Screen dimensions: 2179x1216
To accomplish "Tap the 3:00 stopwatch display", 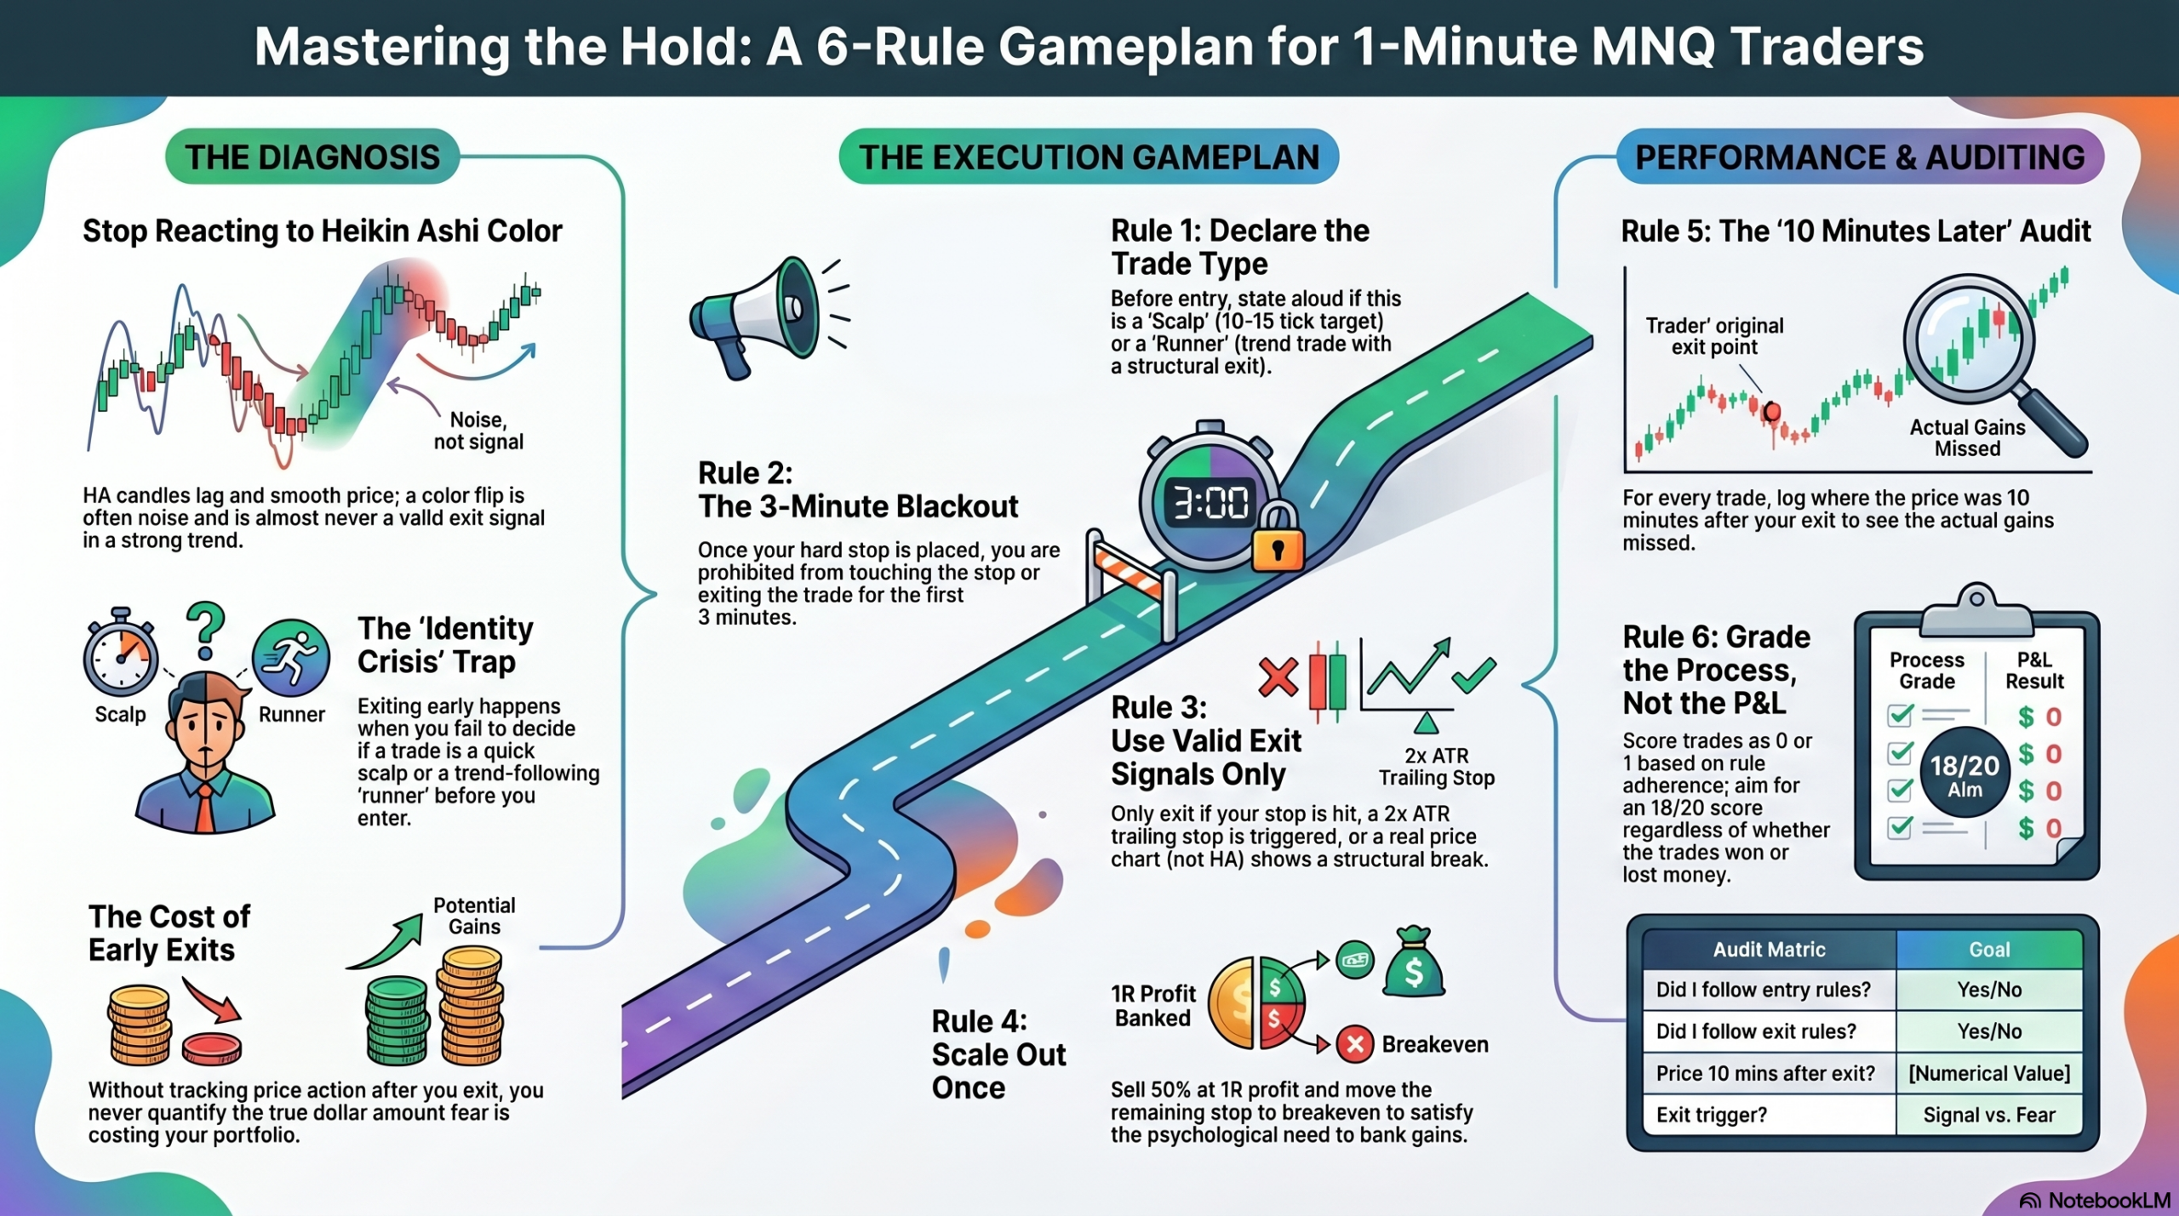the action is pyautogui.click(x=1210, y=503).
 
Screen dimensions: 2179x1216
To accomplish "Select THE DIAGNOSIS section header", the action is pyautogui.click(x=312, y=157).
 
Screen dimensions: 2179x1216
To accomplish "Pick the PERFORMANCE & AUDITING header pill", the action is pyautogui.click(x=1860, y=157).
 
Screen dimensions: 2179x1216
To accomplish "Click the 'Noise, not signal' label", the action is pyautogui.click(x=478, y=431).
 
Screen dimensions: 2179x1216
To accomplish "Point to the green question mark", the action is pyautogui.click(x=205, y=631).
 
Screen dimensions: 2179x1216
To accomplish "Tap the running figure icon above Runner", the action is pyautogui.click(x=291, y=658).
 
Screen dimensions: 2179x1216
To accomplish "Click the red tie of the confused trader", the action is pyautogui.click(x=205, y=808).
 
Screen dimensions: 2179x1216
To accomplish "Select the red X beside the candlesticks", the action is pyautogui.click(x=1278, y=678).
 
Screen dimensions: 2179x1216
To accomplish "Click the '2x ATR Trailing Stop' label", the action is pyautogui.click(x=1437, y=767).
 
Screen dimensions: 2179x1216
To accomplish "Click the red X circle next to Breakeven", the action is pyautogui.click(x=1355, y=1044).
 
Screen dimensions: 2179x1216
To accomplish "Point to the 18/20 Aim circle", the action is pyautogui.click(x=1965, y=773).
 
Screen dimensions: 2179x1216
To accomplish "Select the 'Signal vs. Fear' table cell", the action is pyautogui.click(x=1989, y=1115).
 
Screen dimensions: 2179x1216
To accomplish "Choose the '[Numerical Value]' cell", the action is pyautogui.click(x=1989, y=1073).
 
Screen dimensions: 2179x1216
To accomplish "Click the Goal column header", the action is pyautogui.click(x=1989, y=950).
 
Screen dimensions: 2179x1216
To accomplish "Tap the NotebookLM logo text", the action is pyautogui.click(x=2109, y=1200).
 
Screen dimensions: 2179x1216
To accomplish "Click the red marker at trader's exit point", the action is pyautogui.click(x=1772, y=412).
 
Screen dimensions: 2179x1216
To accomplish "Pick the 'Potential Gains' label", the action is pyautogui.click(x=474, y=916).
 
